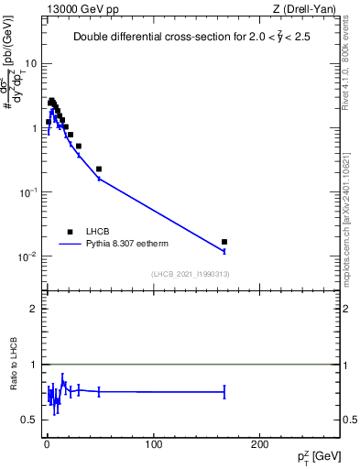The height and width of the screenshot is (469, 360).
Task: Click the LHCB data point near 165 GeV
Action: click(224, 242)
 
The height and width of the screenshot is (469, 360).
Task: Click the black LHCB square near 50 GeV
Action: click(99, 169)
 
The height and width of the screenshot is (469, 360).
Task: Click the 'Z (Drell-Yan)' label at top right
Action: click(308, 10)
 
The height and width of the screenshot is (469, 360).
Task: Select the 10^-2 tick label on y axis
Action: click(29, 256)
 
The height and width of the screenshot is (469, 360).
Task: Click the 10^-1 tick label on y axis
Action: click(29, 192)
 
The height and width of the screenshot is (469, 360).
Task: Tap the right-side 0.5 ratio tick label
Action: click(349, 420)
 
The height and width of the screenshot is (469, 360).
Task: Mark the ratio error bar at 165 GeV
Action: click(224, 391)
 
